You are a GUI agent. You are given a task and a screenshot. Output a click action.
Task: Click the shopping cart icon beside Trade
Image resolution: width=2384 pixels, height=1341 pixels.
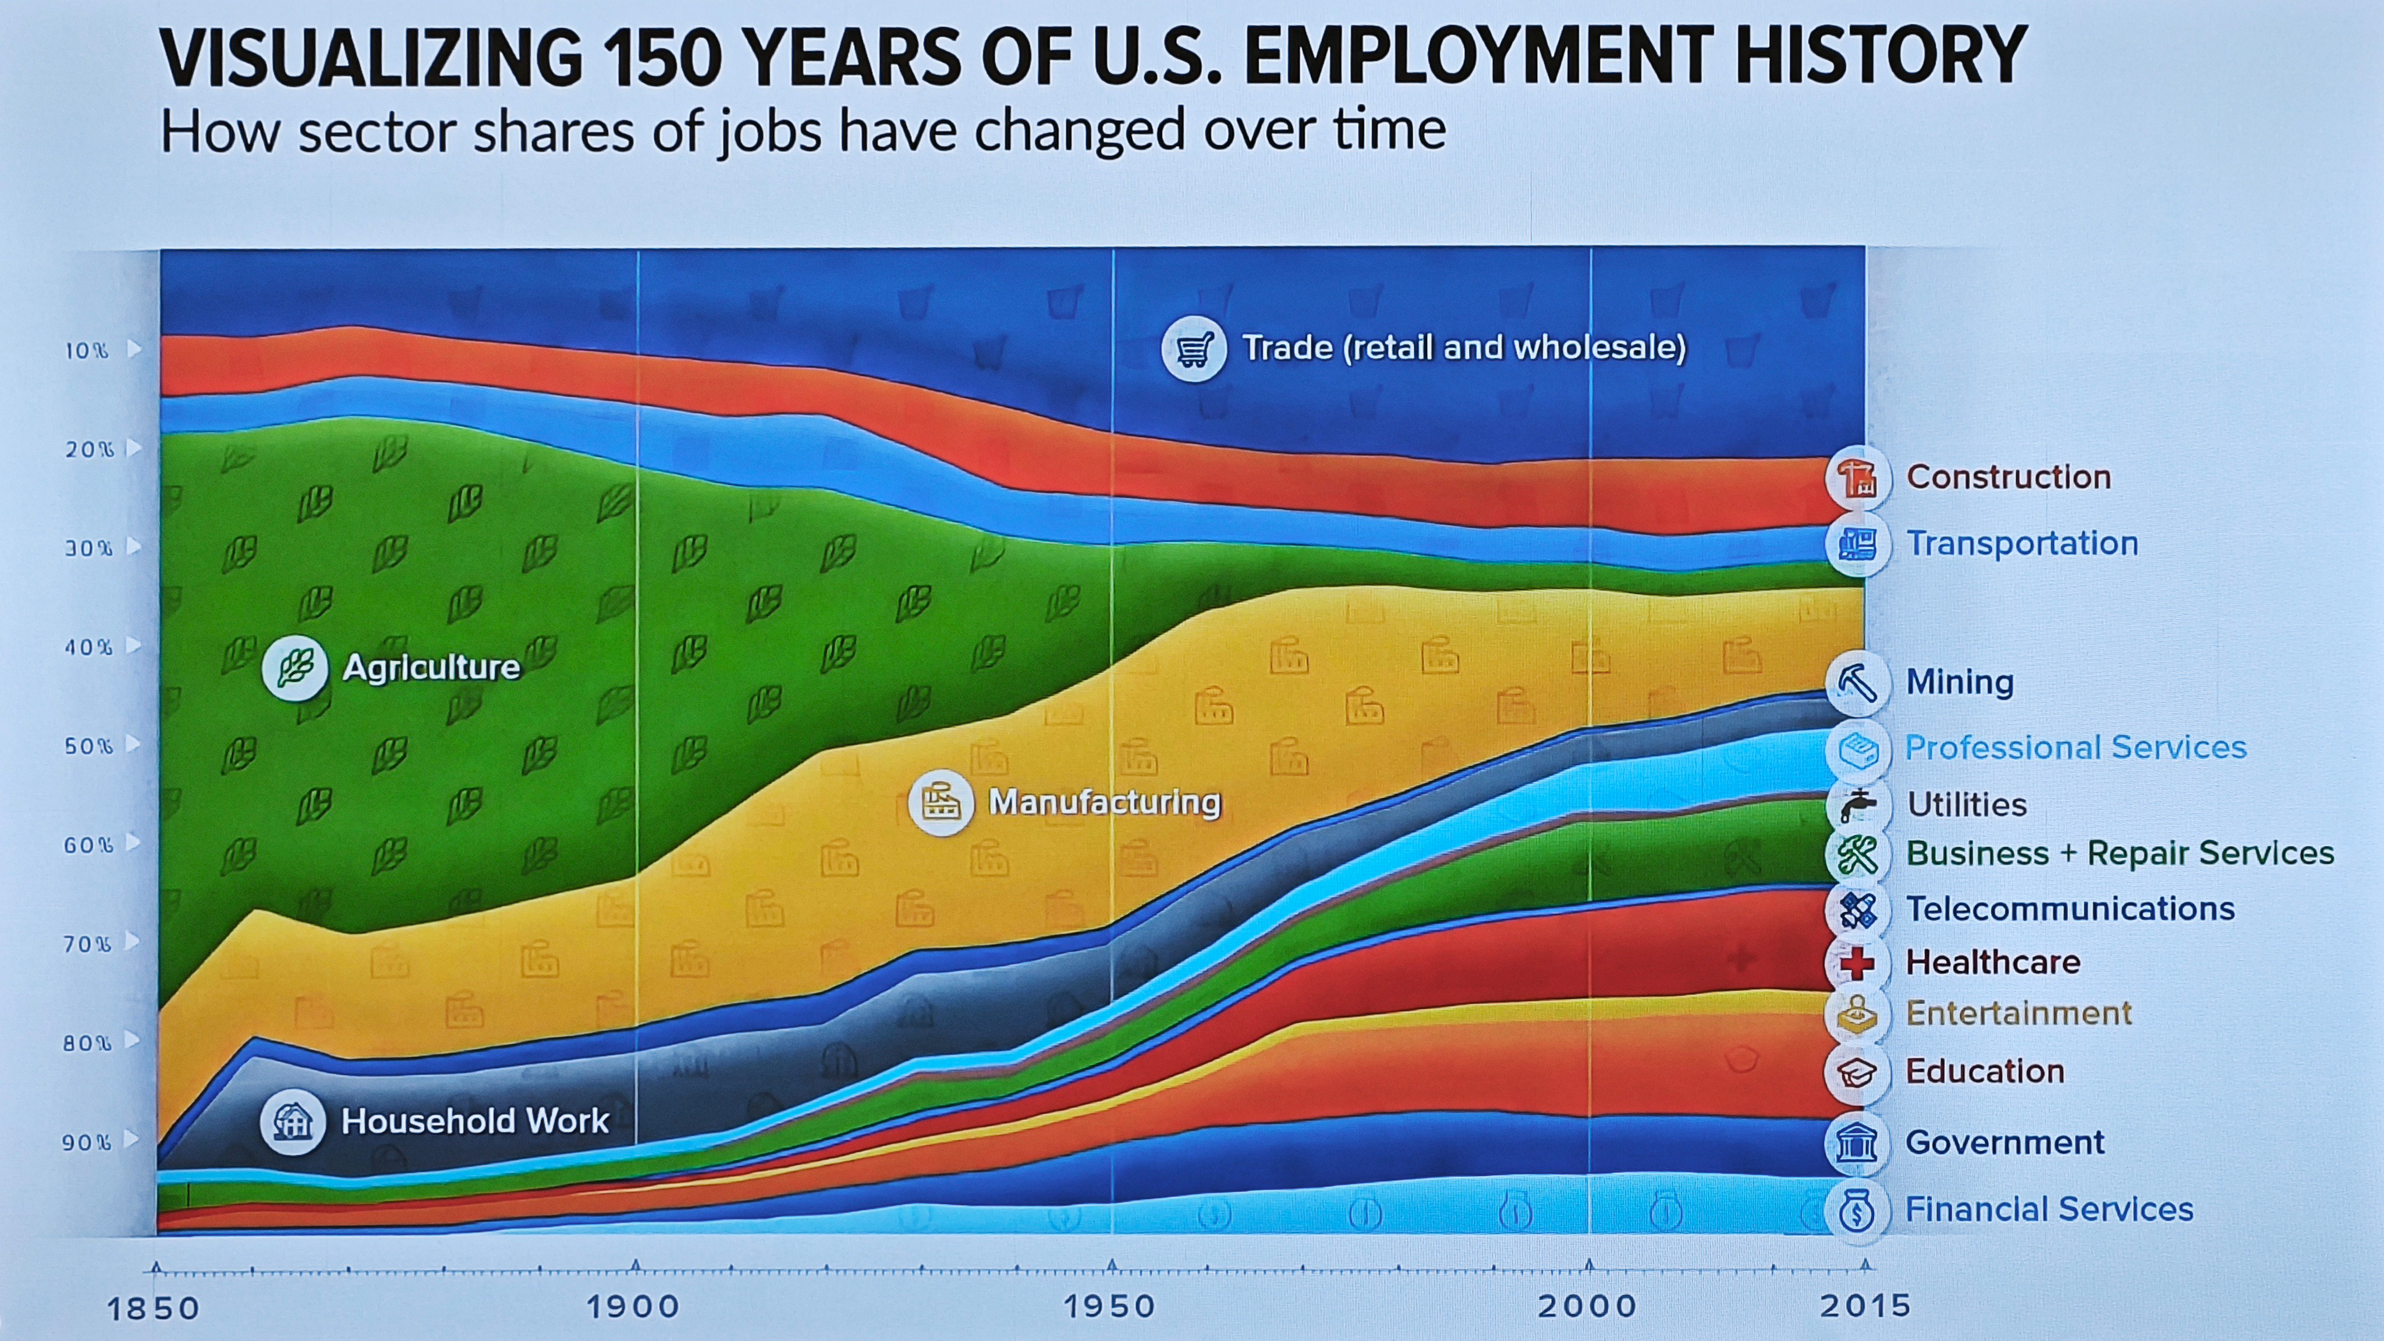1194,349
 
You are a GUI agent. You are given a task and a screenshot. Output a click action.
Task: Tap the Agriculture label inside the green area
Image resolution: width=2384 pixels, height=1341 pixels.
431,667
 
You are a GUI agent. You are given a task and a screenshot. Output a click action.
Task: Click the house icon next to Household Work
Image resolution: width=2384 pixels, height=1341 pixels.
292,1122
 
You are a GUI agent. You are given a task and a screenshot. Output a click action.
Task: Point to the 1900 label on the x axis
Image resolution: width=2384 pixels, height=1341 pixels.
633,1307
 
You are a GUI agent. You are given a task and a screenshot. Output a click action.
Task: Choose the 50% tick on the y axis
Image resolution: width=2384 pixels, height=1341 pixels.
89,746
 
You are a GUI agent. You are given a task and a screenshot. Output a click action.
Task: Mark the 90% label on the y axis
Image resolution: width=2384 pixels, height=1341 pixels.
87,1142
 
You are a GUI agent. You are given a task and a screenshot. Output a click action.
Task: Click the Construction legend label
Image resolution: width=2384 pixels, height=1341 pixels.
2008,477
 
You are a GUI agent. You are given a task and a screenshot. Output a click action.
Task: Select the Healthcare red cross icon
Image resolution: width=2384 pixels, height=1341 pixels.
1857,963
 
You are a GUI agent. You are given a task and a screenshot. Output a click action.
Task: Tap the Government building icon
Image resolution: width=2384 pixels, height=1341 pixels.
1857,1143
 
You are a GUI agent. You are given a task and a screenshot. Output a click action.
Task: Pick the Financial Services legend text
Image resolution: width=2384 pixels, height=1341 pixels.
2049,1209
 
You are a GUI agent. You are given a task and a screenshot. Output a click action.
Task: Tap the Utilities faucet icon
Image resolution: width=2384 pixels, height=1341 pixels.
1857,805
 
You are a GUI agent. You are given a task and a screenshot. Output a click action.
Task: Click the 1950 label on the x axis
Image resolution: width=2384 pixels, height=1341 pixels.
1109,1307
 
